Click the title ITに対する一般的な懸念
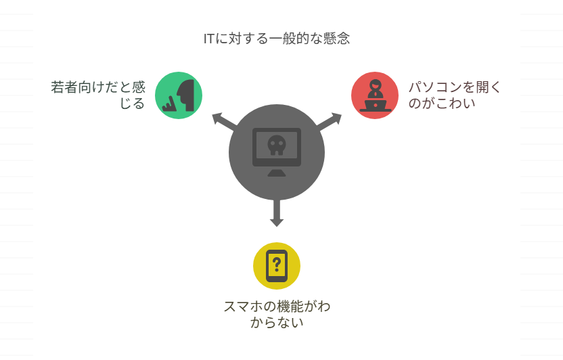(x=277, y=39)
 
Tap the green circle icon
(x=179, y=95)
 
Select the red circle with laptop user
(x=374, y=95)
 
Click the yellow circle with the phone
(x=276, y=265)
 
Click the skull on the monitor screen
(x=276, y=143)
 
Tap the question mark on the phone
(x=276, y=263)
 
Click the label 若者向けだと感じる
(x=98, y=95)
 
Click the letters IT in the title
(x=210, y=39)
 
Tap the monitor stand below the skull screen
(x=276, y=173)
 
